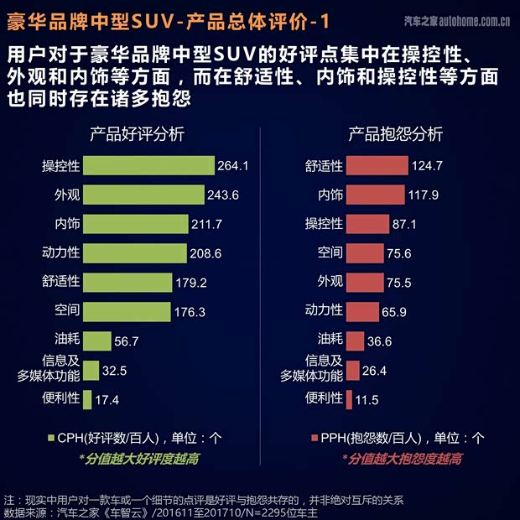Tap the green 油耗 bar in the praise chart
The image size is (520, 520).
[97, 341]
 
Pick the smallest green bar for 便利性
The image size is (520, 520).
[87, 399]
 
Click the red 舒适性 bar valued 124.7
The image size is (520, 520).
[377, 166]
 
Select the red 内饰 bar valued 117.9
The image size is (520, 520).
[375, 195]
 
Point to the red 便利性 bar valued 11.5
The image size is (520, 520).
[349, 399]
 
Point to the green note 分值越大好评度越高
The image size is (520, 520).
[139, 459]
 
